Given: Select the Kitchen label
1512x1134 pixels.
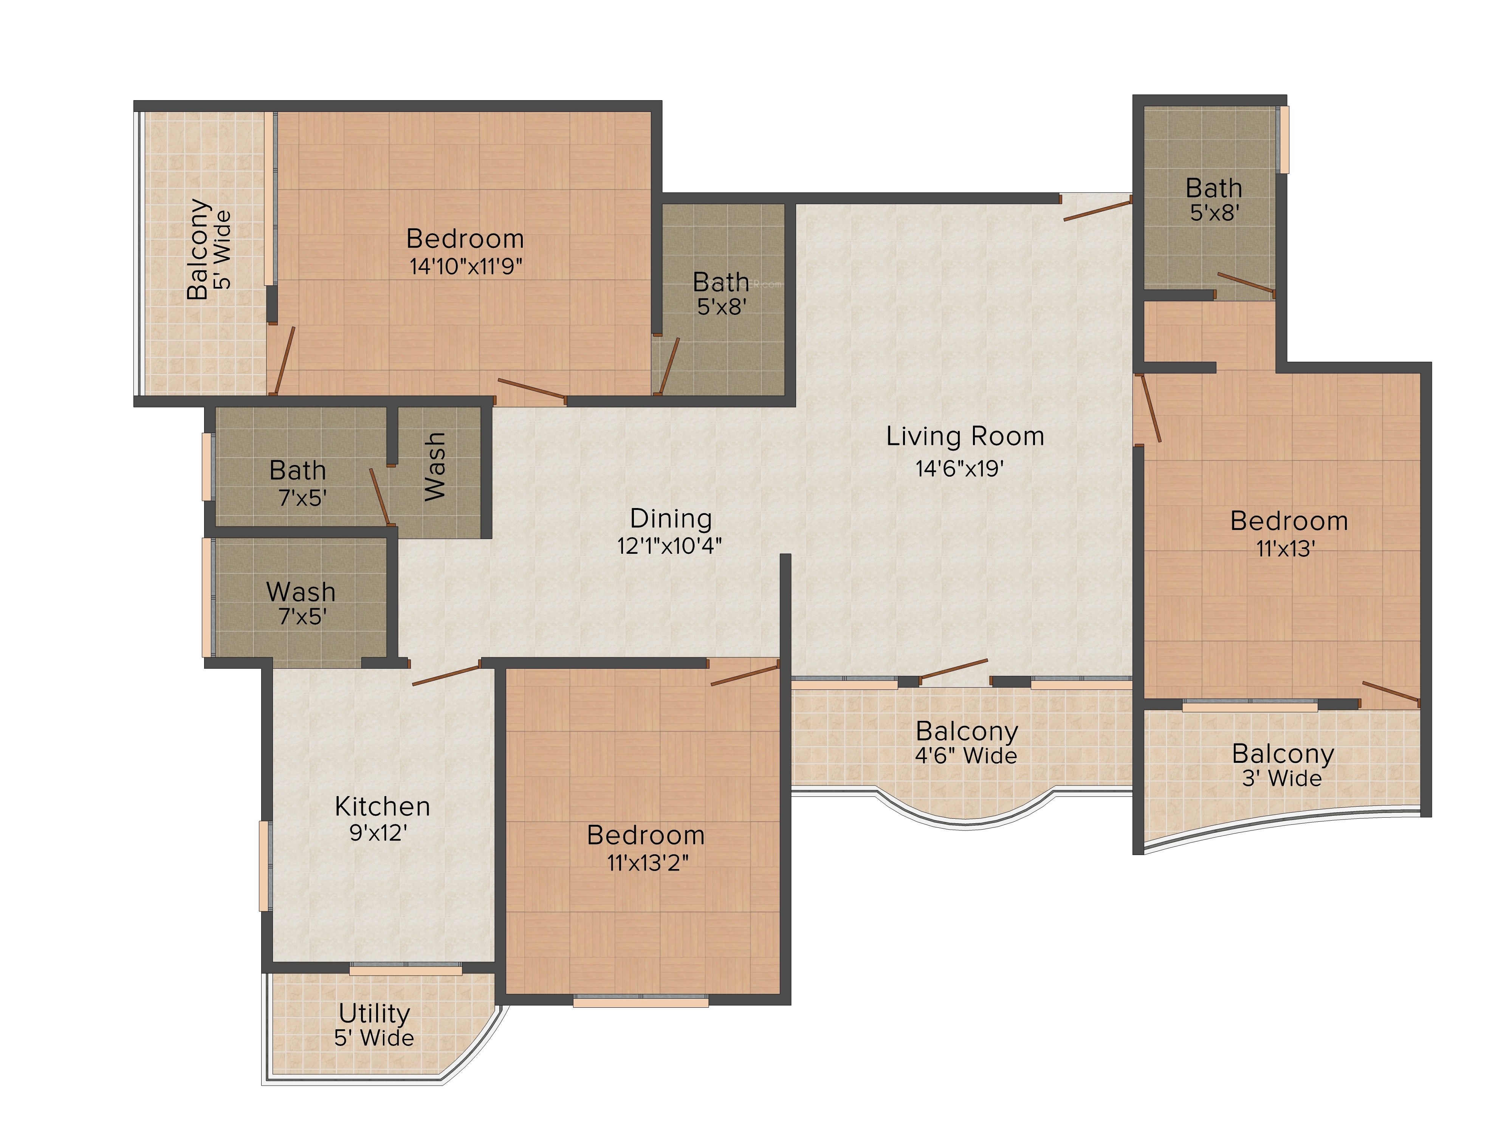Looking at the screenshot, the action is pyautogui.click(x=382, y=807).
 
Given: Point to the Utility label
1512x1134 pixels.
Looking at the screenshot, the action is pyautogui.click(x=374, y=1013).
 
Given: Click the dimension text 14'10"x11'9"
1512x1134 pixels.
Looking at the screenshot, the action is pyautogui.click(x=466, y=266).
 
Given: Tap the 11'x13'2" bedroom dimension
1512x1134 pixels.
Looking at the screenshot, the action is pyautogui.click(x=647, y=863).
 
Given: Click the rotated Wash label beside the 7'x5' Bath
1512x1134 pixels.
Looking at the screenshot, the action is pyautogui.click(x=435, y=466).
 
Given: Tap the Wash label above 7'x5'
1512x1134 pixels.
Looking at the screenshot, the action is pyautogui.click(x=301, y=591).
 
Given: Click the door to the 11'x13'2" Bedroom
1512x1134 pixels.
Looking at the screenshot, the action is pyautogui.click(x=745, y=672).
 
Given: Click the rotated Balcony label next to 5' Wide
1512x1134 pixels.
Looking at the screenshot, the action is pyautogui.click(x=198, y=249).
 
